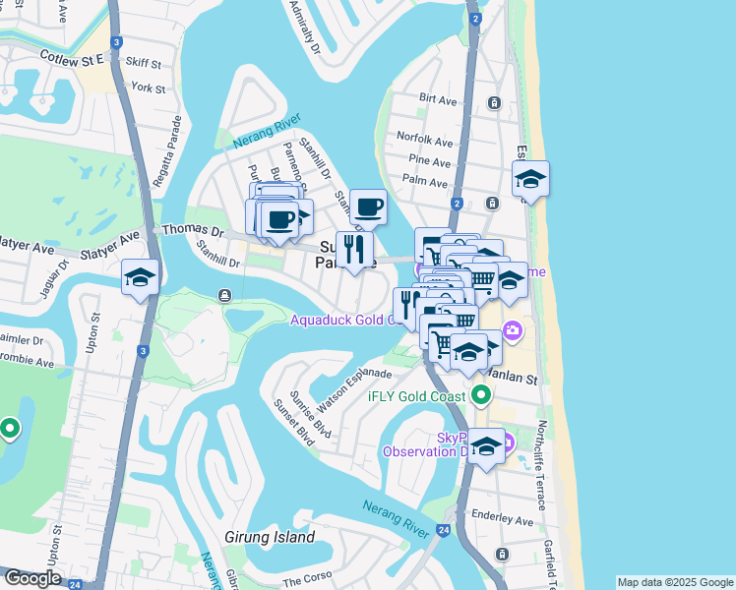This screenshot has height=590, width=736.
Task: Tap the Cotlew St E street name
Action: (72, 59)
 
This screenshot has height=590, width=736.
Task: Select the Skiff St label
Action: (144, 64)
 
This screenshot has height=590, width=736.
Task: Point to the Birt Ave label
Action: (438, 99)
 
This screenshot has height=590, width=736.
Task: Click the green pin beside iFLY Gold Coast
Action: (480, 396)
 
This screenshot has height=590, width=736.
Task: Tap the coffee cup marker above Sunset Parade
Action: (369, 206)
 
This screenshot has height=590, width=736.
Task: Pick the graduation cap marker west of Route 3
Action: (140, 277)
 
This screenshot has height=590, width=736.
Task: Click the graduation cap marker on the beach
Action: (530, 180)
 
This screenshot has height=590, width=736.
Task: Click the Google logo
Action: (32, 579)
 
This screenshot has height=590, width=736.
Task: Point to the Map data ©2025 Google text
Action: (674, 582)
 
